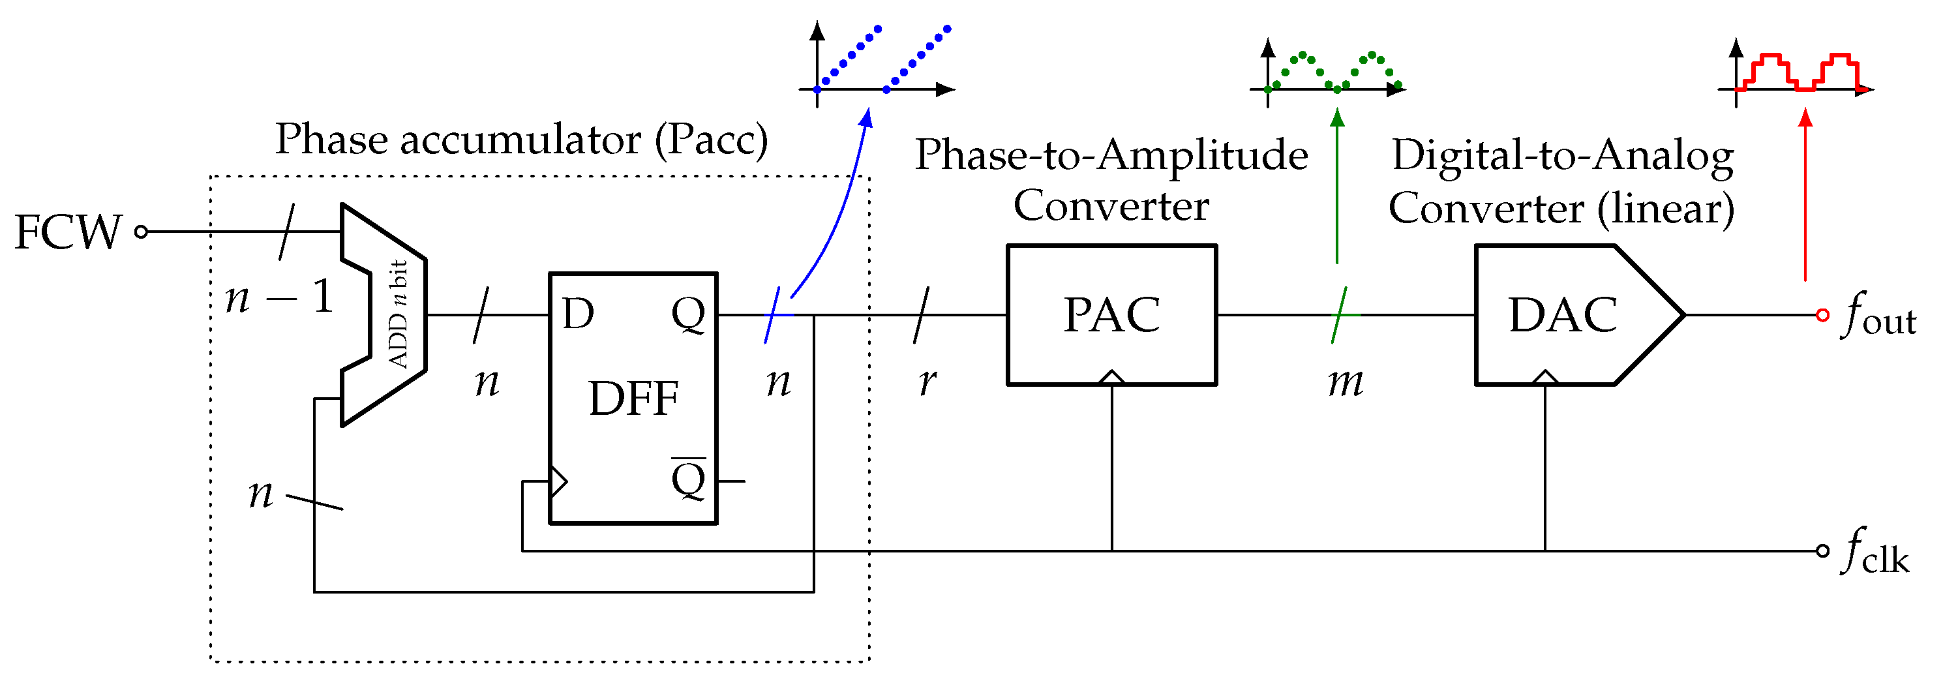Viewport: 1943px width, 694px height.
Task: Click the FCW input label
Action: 68,232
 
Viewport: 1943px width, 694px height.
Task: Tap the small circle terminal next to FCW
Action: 141,232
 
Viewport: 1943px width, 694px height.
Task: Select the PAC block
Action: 1112,314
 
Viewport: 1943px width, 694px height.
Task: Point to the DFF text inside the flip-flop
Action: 633,399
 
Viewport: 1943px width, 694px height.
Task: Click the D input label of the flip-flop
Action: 578,314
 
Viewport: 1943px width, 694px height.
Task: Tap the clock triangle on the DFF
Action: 558,481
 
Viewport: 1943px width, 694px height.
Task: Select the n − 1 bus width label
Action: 279,297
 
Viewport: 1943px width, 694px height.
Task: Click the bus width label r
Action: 927,382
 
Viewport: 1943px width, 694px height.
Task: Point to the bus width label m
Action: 1346,382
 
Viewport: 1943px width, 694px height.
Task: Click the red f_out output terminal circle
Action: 1822,315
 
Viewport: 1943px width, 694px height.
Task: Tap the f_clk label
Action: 1875,552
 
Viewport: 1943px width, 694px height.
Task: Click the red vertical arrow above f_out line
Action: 1805,196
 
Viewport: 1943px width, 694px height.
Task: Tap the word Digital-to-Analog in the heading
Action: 1562,156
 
